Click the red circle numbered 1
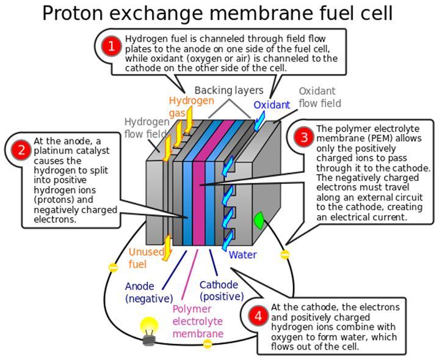point(112,46)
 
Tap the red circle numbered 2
point(21,150)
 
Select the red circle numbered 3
point(304,137)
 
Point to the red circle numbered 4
point(258,316)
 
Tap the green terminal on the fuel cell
point(259,221)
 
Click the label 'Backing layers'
point(229,90)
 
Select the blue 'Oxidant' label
point(272,105)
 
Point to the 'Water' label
point(242,255)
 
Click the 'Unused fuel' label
point(146,258)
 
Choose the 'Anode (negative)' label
point(149,292)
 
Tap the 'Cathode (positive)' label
point(222,291)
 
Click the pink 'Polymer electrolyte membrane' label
point(198,321)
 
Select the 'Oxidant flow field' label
point(320,97)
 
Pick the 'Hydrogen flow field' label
point(147,128)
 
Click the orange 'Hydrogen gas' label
point(192,106)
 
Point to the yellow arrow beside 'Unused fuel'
point(167,248)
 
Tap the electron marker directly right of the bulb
point(208,343)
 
